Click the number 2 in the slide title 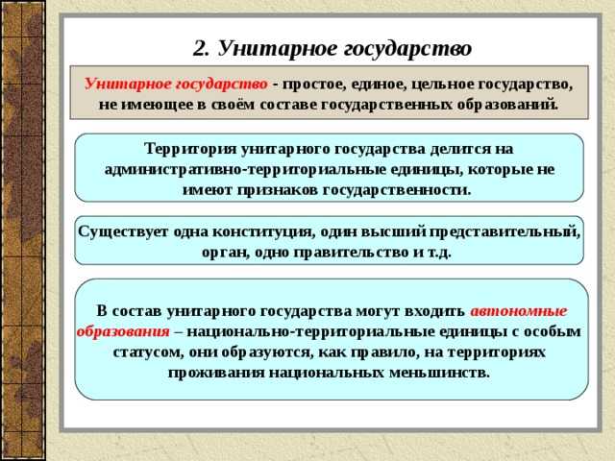tap(199, 47)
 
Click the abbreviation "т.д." tap(434, 253)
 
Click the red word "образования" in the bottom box tap(123, 331)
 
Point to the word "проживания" tap(214, 372)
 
